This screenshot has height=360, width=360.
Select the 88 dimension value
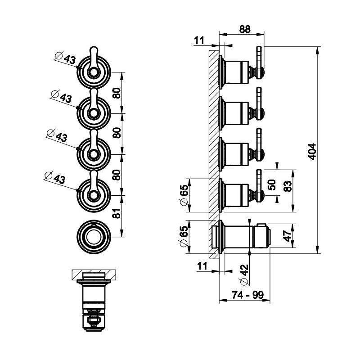click(x=244, y=29)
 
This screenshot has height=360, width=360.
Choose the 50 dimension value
click(x=271, y=184)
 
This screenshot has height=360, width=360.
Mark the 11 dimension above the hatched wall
click(x=199, y=40)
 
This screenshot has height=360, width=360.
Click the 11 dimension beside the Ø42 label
click(x=202, y=266)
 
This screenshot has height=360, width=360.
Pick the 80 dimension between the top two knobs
click(x=116, y=93)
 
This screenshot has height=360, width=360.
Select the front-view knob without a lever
click(x=94, y=233)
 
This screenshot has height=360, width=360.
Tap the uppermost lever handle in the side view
click(x=260, y=58)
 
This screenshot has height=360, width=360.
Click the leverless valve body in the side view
click(x=243, y=235)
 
